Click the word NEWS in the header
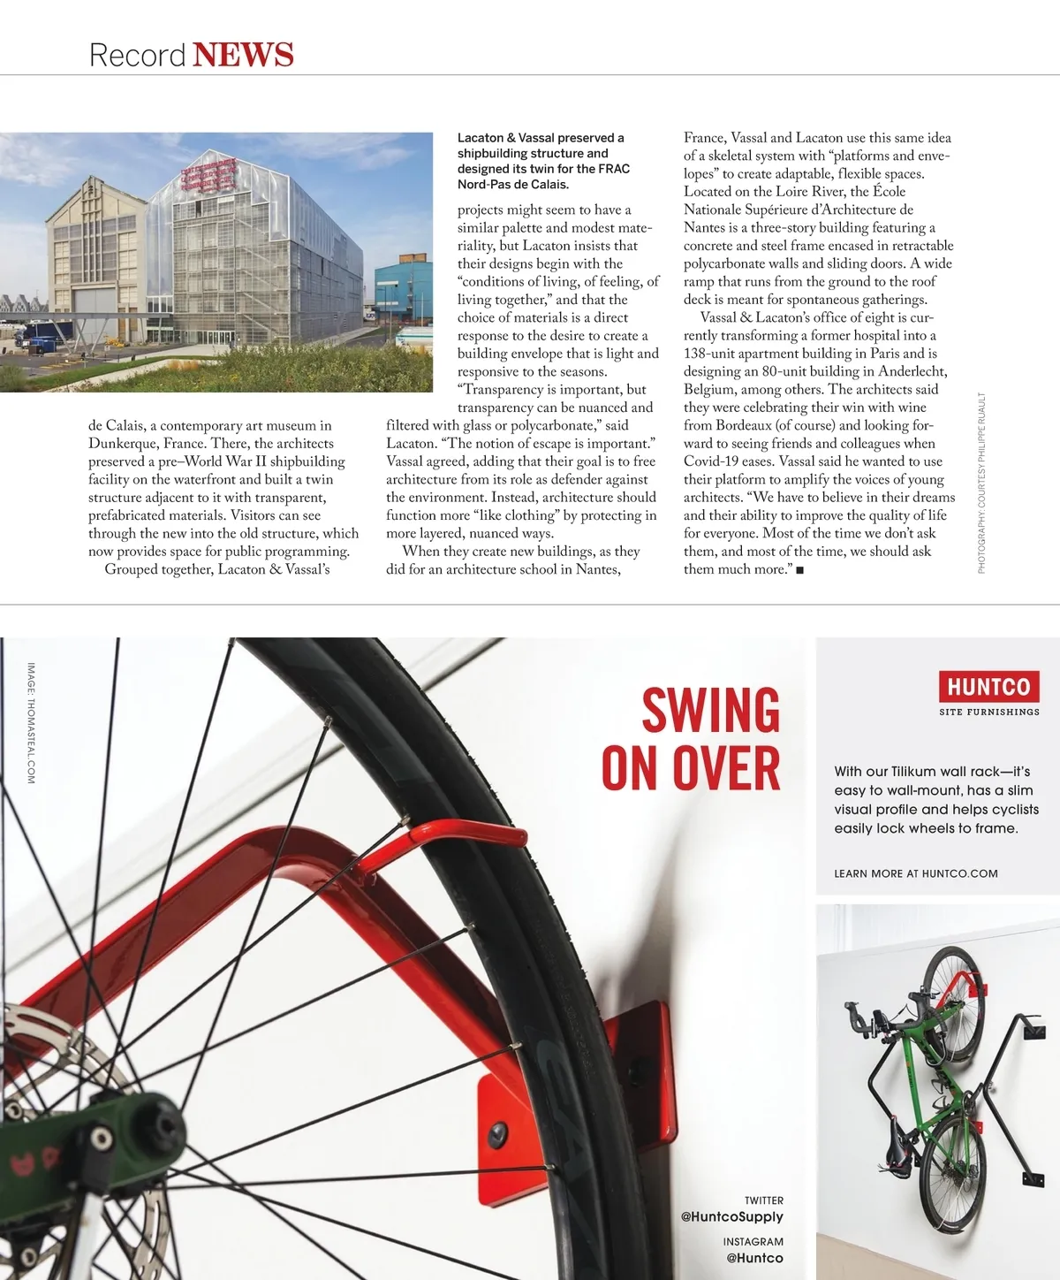tap(243, 55)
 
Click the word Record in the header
tap(137, 55)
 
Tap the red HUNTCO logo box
tap(988, 686)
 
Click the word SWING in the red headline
tap(710, 711)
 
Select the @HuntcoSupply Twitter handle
tap(731, 1217)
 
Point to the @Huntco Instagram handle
tap(753, 1258)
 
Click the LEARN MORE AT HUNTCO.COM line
tap(915, 873)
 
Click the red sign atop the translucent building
tap(208, 175)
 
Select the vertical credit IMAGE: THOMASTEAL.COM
tap(31, 723)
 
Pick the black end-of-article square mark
tap(799, 570)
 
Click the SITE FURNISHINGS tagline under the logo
tap(988, 712)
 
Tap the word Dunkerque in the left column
tap(123, 444)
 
